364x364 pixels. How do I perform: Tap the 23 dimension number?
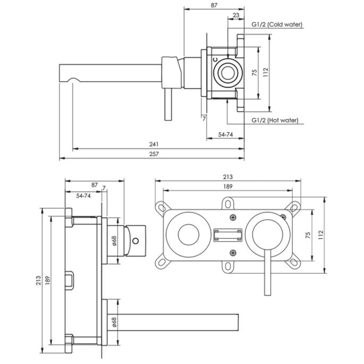(235, 16)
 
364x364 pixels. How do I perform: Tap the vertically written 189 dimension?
(48, 280)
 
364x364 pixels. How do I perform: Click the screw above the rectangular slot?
(233, 217)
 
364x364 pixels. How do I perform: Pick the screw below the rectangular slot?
(233, 251)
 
